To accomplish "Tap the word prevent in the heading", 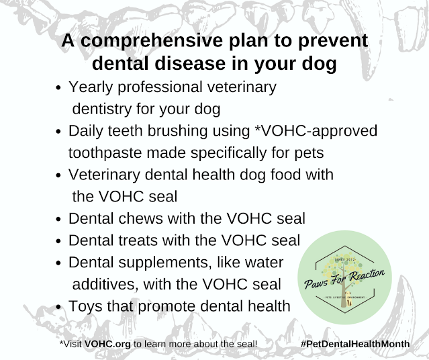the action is (333, 42).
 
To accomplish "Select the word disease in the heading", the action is (190, 63).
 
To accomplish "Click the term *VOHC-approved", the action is (316, 132).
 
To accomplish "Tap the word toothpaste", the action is (105, 153).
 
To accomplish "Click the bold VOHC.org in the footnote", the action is (107, 344).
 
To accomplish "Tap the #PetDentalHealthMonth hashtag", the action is (355, 344).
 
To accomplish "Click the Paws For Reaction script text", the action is (344, 279).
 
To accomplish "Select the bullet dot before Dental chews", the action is (58, 219).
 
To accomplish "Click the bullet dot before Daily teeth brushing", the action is (58, 132).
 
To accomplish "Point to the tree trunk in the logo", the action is (344, 294).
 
